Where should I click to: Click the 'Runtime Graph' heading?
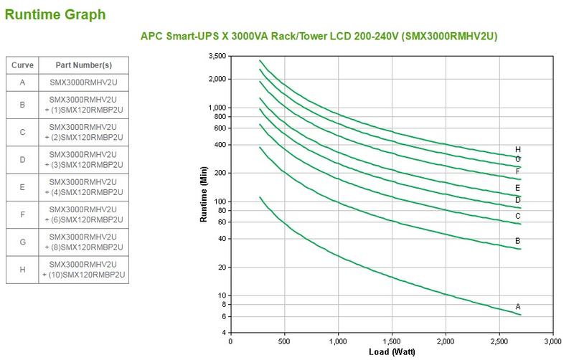[x=55, y=14]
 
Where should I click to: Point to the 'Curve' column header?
[x=22, y=65]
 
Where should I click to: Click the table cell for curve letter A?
[x=22, y=82]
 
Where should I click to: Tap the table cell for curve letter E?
[x=22, y=187]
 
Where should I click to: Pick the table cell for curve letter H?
[x=22, y=270]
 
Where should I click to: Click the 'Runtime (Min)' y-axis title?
[x=204, y=198]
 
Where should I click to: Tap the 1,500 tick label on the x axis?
[x=392, y=341]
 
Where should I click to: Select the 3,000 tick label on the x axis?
[x=552, y=341]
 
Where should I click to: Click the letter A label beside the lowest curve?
[x=518, y=307]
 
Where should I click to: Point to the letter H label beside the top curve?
[x=518, y=149]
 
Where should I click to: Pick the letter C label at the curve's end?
[x=518, y=216]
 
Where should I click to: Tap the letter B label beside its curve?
[x=518, y=241]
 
